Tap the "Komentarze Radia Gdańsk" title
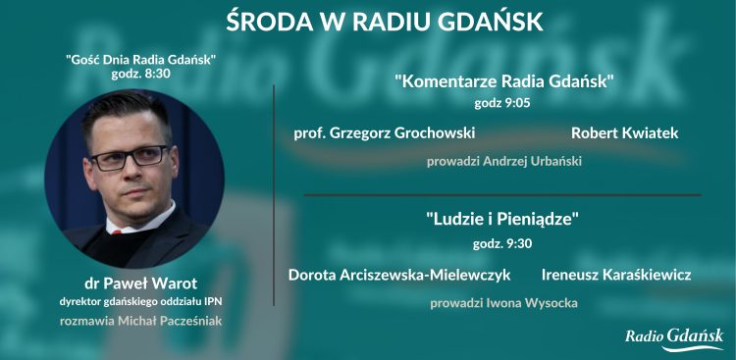tap(504, 81)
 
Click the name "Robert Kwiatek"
tap(624, 132)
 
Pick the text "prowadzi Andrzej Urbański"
tap(503, 161)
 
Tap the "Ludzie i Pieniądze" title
tap(503, 220)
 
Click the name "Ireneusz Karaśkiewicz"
tap(615, 275)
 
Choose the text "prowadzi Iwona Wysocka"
tap(503, 303)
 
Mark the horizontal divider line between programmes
tap(501, 195)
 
